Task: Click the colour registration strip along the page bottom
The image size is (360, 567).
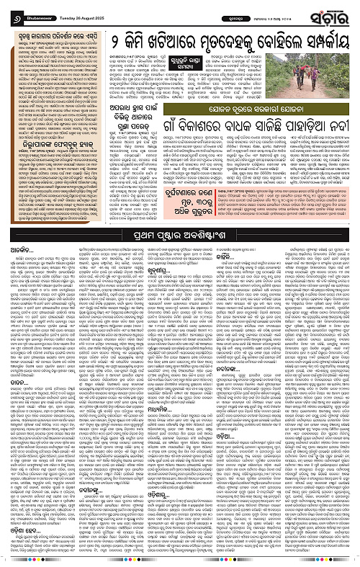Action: [180, 563]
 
